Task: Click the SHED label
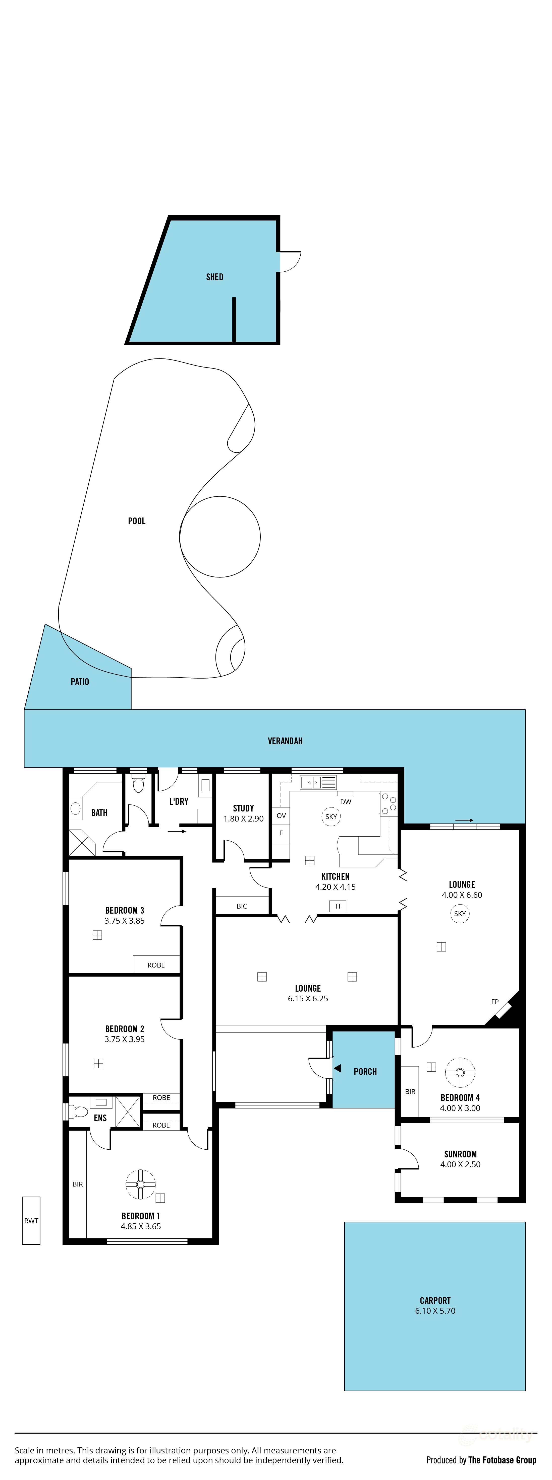214,277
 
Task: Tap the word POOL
136,521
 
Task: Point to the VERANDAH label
285,741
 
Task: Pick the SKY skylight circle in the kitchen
331,817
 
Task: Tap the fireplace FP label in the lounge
494,1001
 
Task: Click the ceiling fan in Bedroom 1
140,1184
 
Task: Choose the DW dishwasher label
346,801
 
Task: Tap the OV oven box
281,815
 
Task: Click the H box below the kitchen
338,906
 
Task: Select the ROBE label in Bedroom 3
156,965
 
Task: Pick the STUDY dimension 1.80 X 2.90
243,819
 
